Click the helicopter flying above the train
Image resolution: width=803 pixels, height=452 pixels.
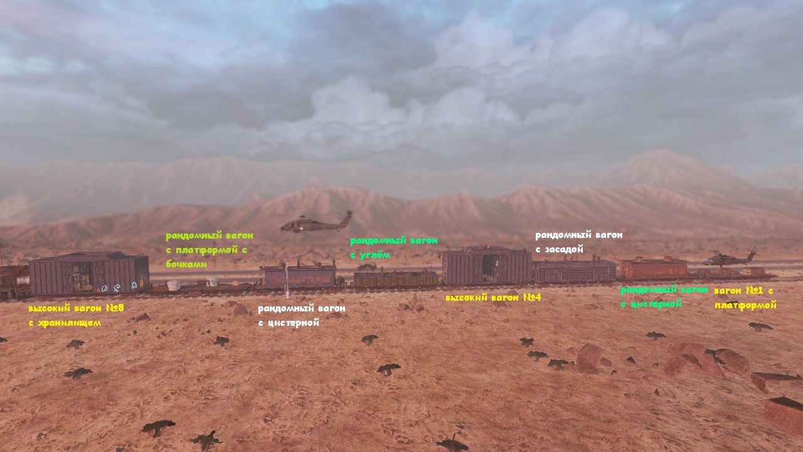(316, 223)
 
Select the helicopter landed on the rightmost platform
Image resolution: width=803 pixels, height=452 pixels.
(730, 259)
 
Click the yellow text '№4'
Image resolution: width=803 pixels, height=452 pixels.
(531, 297)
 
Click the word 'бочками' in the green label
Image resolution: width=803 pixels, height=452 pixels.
(186, 264)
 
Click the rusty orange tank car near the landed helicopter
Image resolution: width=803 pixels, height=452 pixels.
(653, 269)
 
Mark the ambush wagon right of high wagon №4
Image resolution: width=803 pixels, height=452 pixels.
(574, 271)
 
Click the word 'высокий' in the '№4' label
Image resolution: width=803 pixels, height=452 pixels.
(465, 297)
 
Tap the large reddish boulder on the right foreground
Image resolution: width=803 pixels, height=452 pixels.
(588, 357)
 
